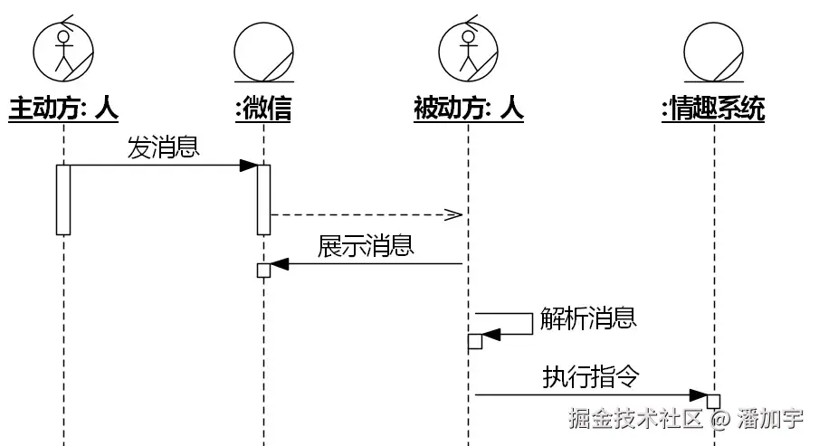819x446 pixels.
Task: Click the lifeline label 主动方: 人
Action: point(63,109)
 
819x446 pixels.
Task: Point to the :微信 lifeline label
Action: point(263,109)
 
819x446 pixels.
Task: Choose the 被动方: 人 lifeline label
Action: point(468,109)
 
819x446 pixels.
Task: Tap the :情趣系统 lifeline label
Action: point(713,109)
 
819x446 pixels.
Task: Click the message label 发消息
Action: point(163,148)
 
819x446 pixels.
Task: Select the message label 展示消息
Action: point(366,246)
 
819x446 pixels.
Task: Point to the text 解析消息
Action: point(588,318)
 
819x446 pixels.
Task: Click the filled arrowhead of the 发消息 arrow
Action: point(248,166)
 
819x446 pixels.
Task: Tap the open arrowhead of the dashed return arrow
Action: point(454,214)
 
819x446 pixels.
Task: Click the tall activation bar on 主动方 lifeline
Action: point(63,199)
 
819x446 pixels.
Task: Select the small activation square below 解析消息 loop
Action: point(474,341)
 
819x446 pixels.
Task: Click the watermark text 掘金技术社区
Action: point(636,419)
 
